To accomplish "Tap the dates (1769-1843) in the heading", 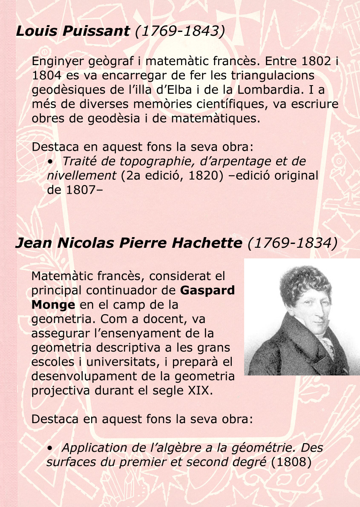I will pyautogui.click(x=179, y=31).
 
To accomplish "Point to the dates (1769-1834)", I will pyautogui.click(x=292, y=243).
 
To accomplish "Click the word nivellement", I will pyautogui.click(x=81, y=176).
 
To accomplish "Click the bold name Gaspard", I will pyautogui.click(x=207, y=290).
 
